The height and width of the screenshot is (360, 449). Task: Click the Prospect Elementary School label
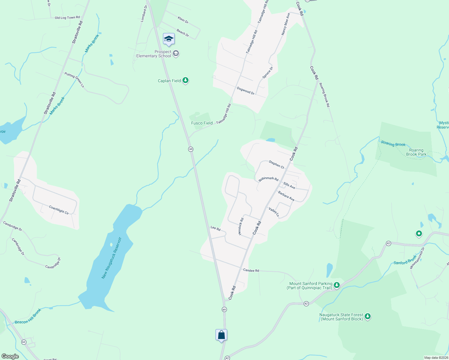[x=154, y=54]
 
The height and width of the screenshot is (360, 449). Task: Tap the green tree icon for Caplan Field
[x=186, y=80]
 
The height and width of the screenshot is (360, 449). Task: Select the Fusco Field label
[x=202, y=123]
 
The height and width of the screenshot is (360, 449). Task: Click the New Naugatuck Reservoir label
[x=112, y=258]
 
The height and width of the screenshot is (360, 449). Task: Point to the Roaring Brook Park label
[x=416, y=152]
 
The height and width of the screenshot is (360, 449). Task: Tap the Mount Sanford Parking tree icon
[x=337, y=285]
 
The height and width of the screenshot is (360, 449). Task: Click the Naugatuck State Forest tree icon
[x=367, y=316]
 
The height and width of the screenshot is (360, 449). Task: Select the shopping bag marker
[x=221, y=335]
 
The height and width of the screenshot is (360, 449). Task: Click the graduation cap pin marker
[x=169, y=39]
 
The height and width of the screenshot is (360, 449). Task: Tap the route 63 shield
[x=24, y=342]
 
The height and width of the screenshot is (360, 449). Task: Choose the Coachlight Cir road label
[x=59, y=210]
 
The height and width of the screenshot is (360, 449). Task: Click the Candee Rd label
[x=251, y=270]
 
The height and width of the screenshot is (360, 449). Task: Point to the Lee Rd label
[x=215, y=228]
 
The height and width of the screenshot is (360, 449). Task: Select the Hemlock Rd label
[x=241, y=226]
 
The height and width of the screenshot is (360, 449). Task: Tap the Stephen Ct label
[x=276, y=164]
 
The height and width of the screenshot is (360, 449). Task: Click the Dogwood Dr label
[x=246, y=91]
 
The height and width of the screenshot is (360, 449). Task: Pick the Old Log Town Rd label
[x=67, y=18]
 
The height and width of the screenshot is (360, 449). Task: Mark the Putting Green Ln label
[x=74, y=79]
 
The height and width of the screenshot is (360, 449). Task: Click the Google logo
[x=10, y=356]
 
